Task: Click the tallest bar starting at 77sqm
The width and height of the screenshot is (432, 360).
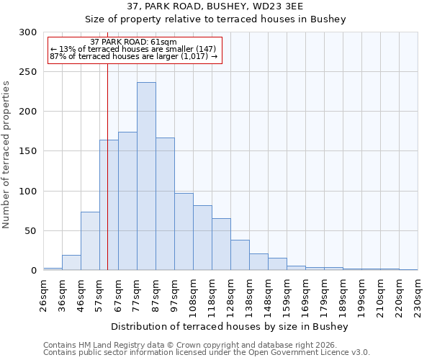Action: point(146,176)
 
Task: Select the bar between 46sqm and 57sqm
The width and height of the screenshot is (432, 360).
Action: point(90,241)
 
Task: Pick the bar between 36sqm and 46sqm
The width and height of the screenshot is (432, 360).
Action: point(71,263)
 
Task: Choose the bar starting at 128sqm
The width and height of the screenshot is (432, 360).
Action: point(240,256)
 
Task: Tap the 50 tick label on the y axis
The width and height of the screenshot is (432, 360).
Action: point(30,231)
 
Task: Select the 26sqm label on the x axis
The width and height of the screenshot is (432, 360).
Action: point(43,296)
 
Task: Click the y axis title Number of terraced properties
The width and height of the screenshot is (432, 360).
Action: point(6,154)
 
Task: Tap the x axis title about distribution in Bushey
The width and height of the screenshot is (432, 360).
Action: point(230,326)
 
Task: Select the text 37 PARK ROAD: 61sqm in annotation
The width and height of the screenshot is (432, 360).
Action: point(134,42)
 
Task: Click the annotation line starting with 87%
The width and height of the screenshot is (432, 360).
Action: point(134,56)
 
